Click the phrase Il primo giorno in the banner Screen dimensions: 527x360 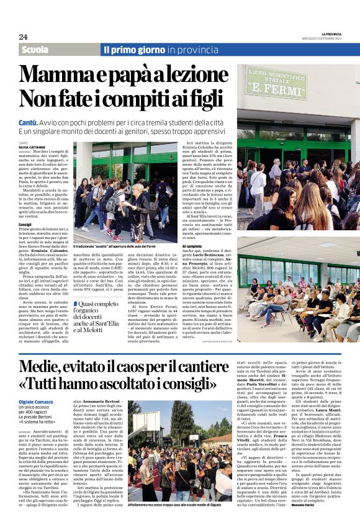(135, 50)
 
